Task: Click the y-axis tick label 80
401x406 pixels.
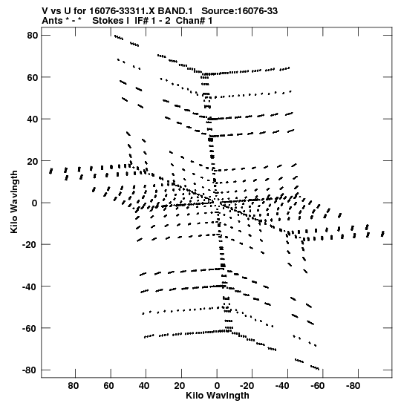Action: click(x=33, y=35)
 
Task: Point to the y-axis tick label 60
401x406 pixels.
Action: click(x=33, y=77)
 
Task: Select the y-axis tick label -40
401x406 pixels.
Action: click(x=30, y=287)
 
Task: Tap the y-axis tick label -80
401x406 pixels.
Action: click(x=30, y=370)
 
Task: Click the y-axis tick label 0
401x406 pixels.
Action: click(x=35, y=203)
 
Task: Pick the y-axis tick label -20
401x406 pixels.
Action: click(x=30, y=245)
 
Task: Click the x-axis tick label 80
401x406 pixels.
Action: click(x=74, y=386)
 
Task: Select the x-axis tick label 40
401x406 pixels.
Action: click(x=144, y=386)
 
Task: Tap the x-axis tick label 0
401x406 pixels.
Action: click(x=217, y=386)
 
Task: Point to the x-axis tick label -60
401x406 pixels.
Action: click(x=317, y=386)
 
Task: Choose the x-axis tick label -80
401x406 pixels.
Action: click(x=353, y=386)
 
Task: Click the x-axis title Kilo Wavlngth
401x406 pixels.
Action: click(x=218, y=396)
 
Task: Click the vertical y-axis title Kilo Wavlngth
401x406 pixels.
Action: click(x=14, y=202)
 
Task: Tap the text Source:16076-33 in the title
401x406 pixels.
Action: click(x=240, y=11)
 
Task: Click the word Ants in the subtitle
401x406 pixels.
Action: click(x=52, y=21)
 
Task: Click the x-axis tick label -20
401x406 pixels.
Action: click(x=247, y=386)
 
